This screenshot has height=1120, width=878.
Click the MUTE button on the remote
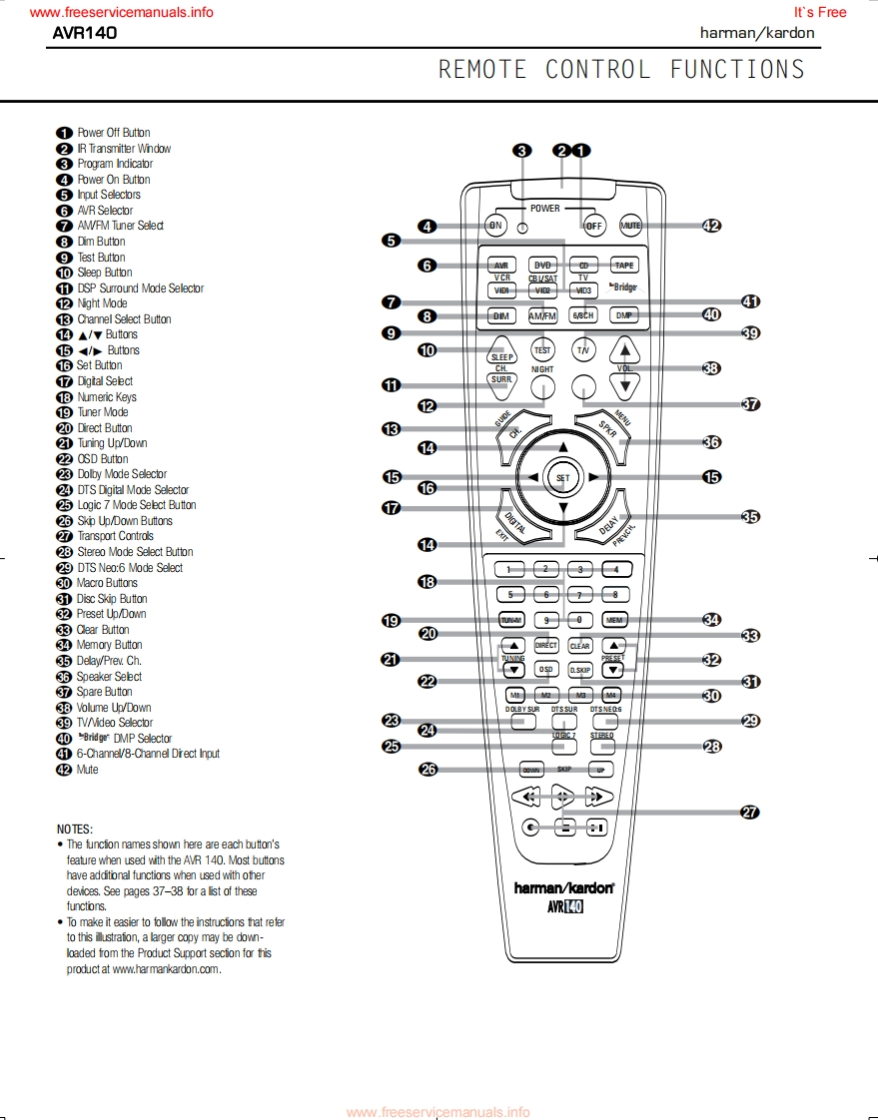point(630,226)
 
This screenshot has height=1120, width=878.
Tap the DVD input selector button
point(543,266)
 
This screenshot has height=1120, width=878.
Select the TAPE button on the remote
point(624,266)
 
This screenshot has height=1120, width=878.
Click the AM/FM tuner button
point(542,315)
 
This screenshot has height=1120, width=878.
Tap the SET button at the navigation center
point(563,478)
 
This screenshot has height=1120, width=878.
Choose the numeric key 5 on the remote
point(509,594)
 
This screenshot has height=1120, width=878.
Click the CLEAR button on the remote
point(579,646)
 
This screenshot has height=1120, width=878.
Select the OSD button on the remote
point(545,669)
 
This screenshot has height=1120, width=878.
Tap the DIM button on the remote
point(501,315)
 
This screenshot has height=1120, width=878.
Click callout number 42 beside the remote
point(711,226)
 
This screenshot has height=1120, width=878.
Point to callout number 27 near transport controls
point(749,812)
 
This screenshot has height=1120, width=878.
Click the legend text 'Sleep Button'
point(104,273)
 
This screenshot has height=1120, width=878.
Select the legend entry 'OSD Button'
point(102,459)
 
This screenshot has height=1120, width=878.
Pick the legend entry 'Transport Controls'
point(115,536)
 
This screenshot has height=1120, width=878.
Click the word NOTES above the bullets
point(75,830)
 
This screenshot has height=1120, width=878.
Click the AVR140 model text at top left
point(85,32)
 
